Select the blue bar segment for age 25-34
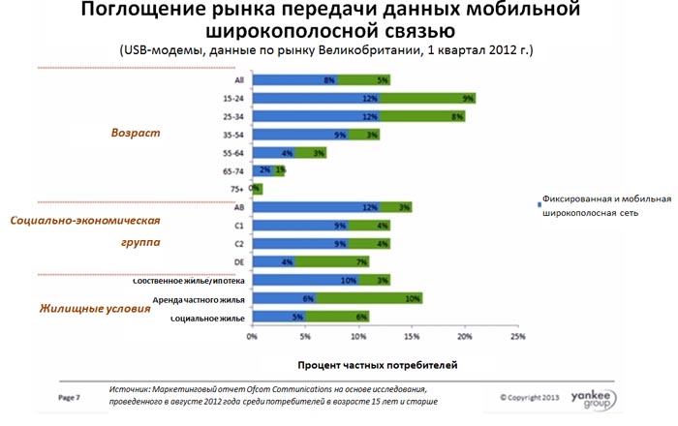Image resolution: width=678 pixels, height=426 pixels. point(316,116)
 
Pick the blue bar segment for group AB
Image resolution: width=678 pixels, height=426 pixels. point(316,207)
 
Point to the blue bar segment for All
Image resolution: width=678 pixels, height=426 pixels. point(294,80)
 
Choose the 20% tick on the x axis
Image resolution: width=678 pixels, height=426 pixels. point(465,337)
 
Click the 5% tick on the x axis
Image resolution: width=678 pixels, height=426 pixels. point(305,337)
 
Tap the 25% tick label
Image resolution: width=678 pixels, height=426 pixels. point(518,337)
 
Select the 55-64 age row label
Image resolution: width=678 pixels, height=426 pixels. point(231,153)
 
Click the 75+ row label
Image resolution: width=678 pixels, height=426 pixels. point(233,190)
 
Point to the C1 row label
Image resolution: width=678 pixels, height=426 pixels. point(236,226)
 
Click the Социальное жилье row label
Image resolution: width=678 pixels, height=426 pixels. point(207,318)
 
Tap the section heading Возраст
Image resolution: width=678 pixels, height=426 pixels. point(135,132)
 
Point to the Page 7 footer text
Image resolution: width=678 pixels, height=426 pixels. point(69,397)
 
